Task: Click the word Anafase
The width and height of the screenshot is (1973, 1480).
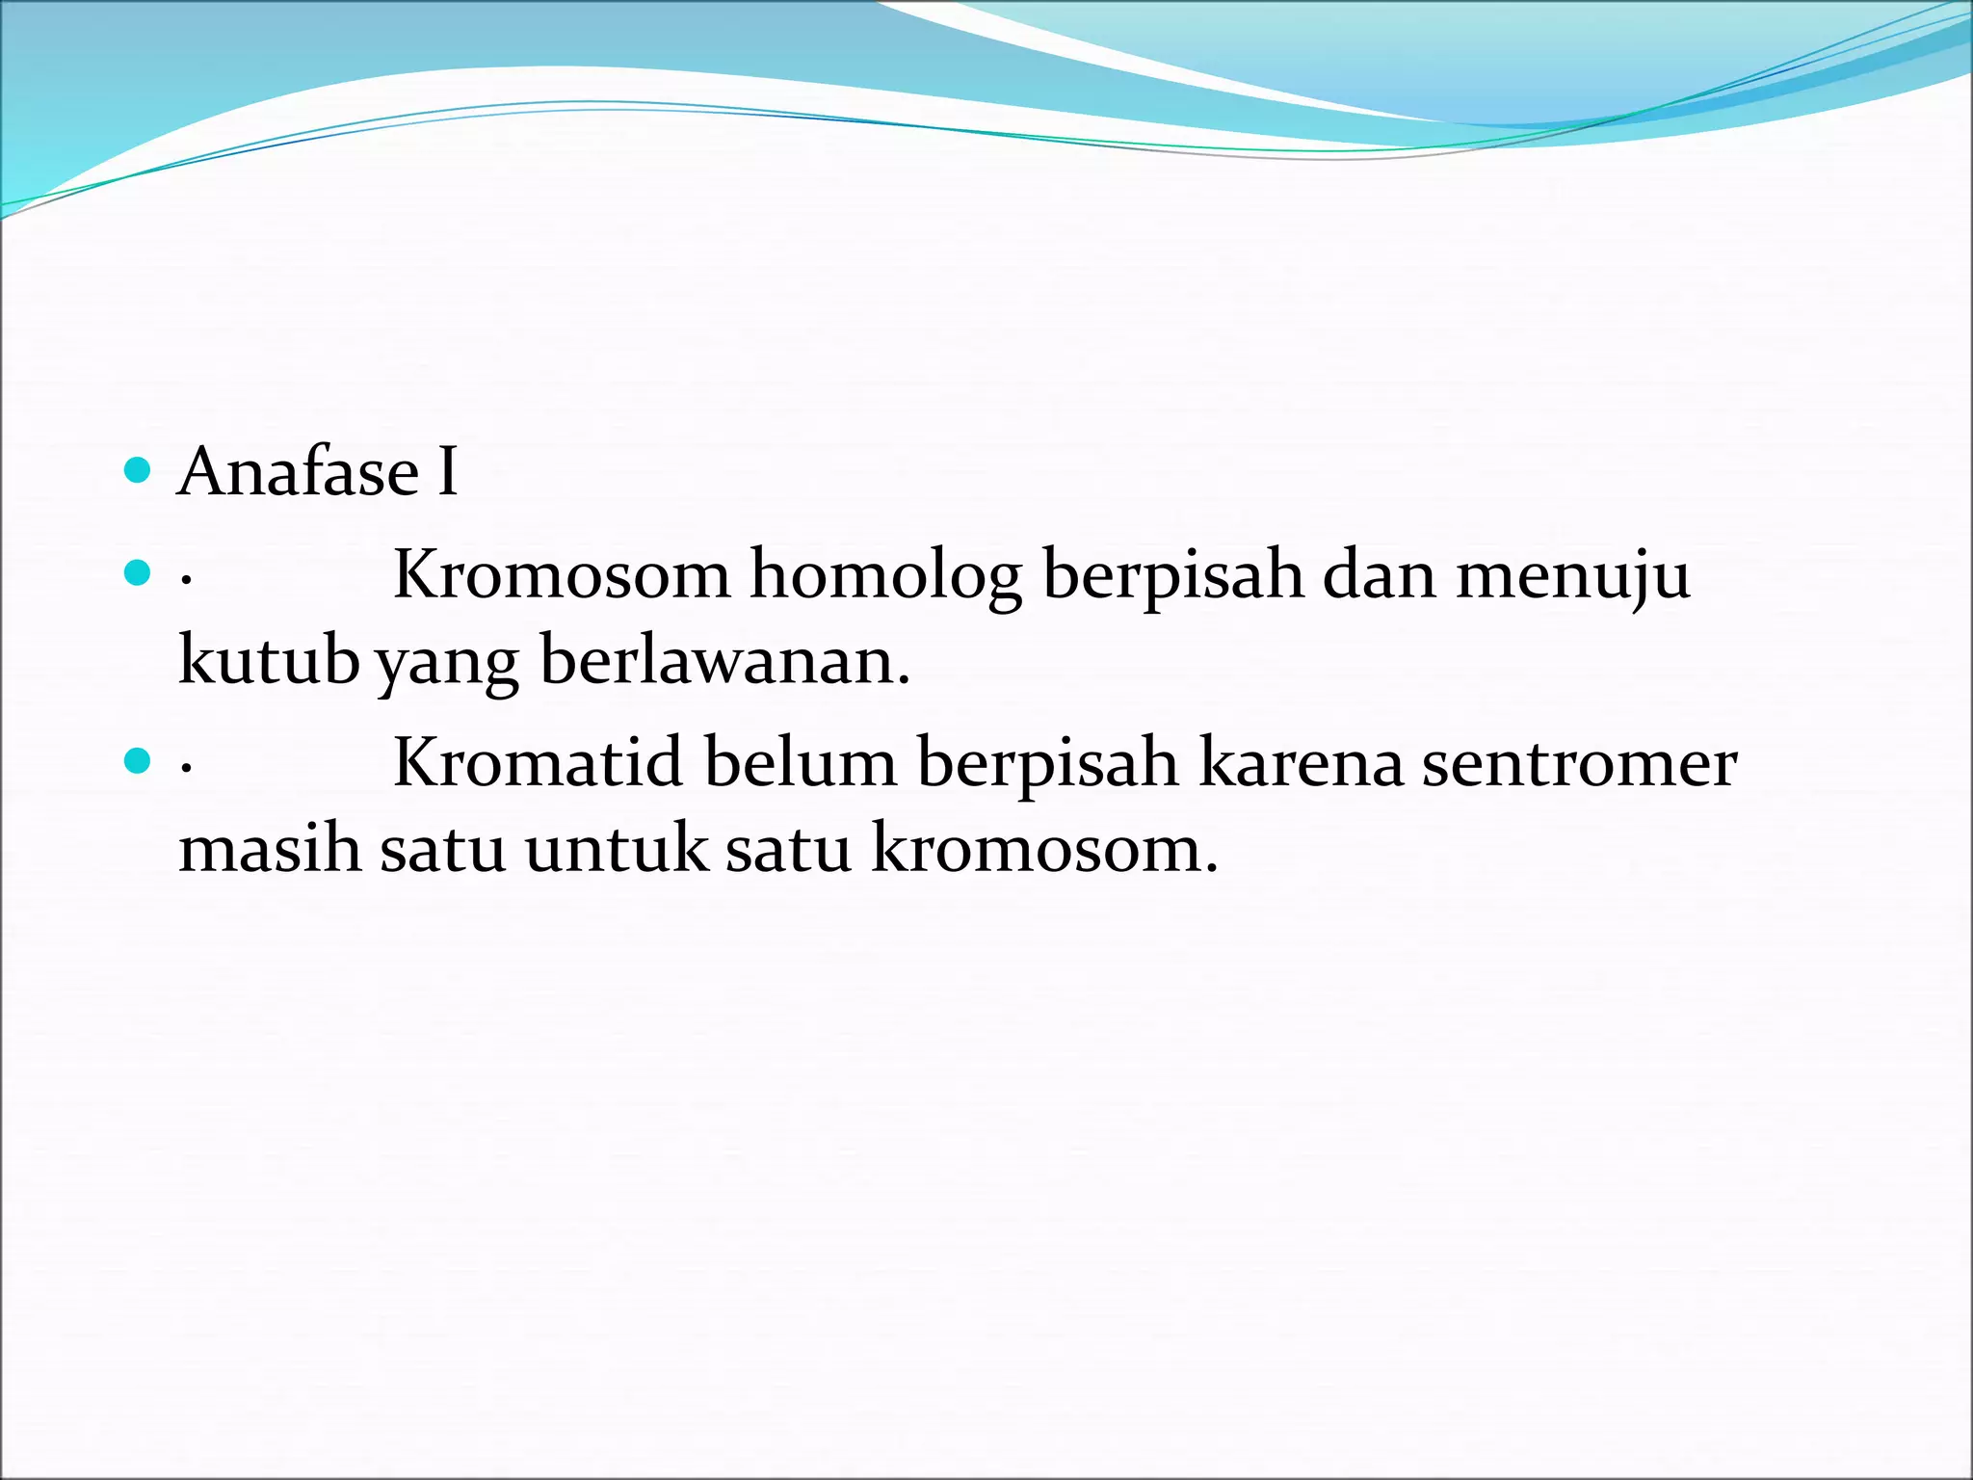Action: pyautogui.click(x=299, y=472)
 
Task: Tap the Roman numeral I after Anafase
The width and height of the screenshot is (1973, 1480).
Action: pyautogui.click(x=447, y=472)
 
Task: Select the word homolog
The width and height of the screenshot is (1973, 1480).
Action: pyautogui.click(x=885, y=576)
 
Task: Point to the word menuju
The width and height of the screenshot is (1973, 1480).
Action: pyautogui.click(x=1572, y=576)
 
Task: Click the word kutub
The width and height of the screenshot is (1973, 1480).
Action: pyautogui.click(x=269, y=661)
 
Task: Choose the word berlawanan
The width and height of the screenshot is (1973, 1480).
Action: pyautogui.click(x=724, y=661)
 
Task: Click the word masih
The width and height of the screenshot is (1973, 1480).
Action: pyautogui.click(x=270, y=848)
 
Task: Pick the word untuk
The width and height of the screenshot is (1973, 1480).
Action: pyautogui.click(x=616, y=848)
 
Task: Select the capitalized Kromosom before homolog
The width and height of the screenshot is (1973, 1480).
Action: pyautogui.click(x=562, y=576)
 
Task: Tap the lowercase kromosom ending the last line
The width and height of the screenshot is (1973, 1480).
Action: pyautogui.click(x=1044, y=848)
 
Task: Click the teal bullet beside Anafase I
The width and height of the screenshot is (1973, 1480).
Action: pyautogui.click(x=139, y=471)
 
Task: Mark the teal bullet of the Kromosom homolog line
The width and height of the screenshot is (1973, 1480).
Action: pyautogui.click(x=139, y=574)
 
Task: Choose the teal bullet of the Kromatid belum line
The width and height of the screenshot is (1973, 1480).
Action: pyautogui.click(x=139, y=762)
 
